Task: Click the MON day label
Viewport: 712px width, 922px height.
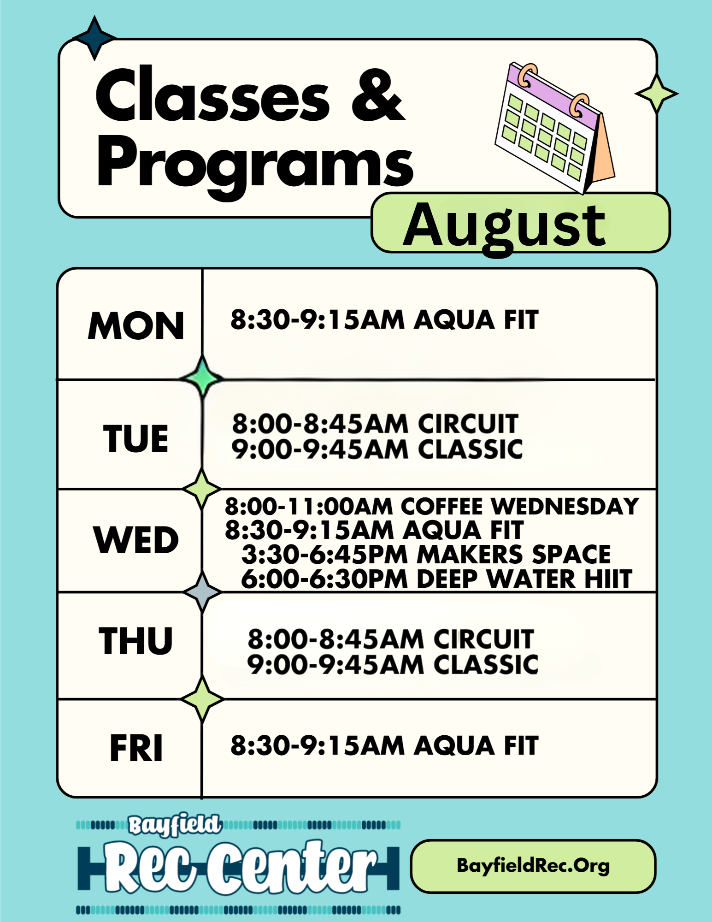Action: (x=136, y=325)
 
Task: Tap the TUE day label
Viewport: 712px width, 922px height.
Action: (x=136, y=438)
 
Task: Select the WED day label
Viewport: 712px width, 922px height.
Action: (x=136, y=540)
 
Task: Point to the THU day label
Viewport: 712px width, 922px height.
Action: (x=136, y=641)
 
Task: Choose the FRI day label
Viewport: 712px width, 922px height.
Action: (x=136, y=748)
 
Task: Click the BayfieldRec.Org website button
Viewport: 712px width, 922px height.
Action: (x=533, y=866)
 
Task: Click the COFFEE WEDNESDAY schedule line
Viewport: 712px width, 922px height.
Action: (x=432, y=506)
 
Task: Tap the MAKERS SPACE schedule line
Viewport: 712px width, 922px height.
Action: (x=426, y=554)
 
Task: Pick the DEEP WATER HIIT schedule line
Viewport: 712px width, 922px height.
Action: (x=436, y=579)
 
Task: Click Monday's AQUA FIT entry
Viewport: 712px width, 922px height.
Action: (x=384, y=319)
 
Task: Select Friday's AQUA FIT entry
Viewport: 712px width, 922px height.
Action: (x=384, y=745)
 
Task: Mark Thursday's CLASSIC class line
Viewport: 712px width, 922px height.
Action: (x=393, y=664)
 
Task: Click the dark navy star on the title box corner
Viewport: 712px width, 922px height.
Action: (x=94, y=38)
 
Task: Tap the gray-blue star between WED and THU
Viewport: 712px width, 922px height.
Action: (x=202, y=592)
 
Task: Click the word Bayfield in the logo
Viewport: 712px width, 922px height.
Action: (x=175, y=824)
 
